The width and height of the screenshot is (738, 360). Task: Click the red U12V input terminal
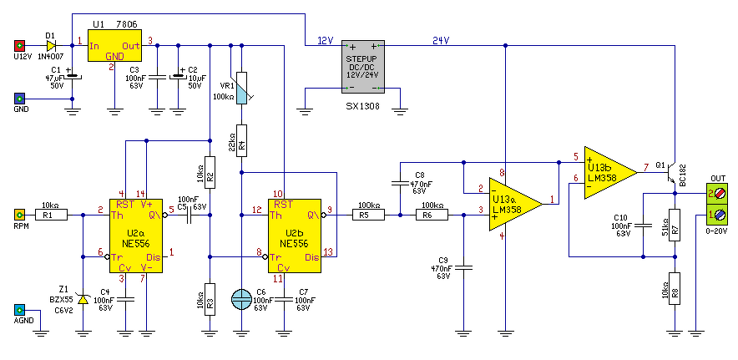[x=19, y=46]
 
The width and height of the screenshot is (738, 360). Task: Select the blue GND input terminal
[x=19, y=99]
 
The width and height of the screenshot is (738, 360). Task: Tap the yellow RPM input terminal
[x=19, y=215]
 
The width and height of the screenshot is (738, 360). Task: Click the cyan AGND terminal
[x=19, y=310]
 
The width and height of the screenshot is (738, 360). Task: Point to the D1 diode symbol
[x=51, y=46]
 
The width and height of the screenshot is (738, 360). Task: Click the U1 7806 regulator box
[x=115, y=45]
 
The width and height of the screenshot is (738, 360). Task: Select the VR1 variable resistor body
[x=241, y=88]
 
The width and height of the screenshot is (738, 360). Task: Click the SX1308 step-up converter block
[x=363, y=66]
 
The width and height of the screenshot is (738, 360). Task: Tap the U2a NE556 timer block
[x=135, y=236]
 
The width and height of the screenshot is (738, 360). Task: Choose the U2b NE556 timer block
[x=295, y=236]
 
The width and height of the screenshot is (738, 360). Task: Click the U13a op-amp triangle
[x=515, y=204]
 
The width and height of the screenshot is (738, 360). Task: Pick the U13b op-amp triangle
[x=611, y=172]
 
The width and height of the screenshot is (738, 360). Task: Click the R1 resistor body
[x=52, y=215]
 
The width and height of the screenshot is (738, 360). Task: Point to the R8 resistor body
[x=675, y=288]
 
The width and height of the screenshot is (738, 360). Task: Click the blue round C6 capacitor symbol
[x=241, y=299]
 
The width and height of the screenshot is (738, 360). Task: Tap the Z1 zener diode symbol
[x=83, y=299]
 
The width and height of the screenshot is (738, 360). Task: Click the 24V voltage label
[x=441, y=41]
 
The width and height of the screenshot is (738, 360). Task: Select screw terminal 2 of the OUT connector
[x=720, y=194]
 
